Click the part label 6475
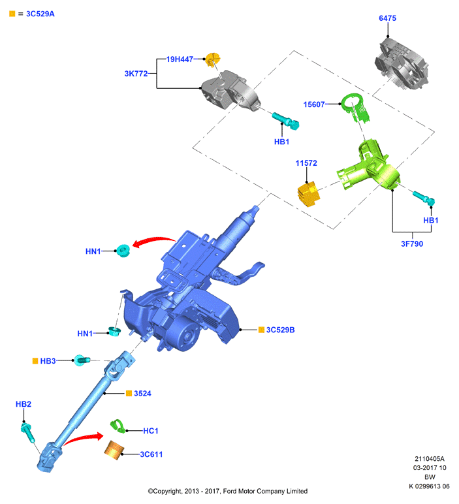[387, 18]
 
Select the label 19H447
[180, 59]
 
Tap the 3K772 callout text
[136, 74]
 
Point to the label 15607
[314, 104]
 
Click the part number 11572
[306, 163]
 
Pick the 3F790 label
[412, 244]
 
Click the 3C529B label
[280, 330]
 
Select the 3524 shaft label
[142, 394]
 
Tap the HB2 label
[24, 404]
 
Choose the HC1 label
[150, 431]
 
